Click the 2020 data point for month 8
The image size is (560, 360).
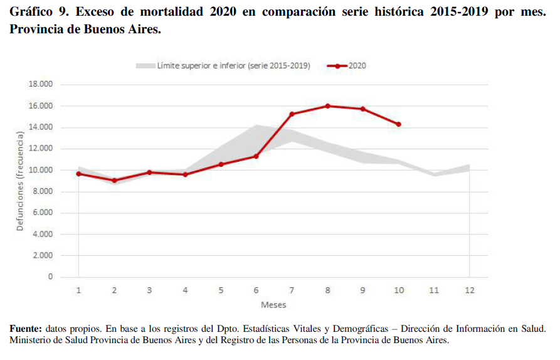(327, 106)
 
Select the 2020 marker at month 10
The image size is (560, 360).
(398, 124)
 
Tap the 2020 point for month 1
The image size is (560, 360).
(78, 174)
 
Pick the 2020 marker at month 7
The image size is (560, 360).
(292, 114)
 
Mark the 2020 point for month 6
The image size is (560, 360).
(256, 156)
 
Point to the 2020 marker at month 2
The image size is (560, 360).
(114, 181)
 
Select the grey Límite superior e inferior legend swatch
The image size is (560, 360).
(144, 65)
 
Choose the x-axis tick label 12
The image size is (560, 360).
(469, 290)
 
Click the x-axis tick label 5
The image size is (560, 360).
(221, 290)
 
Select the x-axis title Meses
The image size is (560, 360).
(273, 305)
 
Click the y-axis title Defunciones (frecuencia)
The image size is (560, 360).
(20, 181)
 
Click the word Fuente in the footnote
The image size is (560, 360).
(25, 329)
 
